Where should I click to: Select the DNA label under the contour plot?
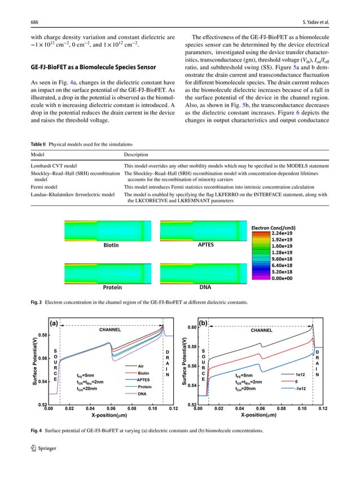coord(205,286)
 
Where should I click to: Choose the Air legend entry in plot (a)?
coord(141,366)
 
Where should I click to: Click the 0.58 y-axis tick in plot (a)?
coord(42,335)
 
